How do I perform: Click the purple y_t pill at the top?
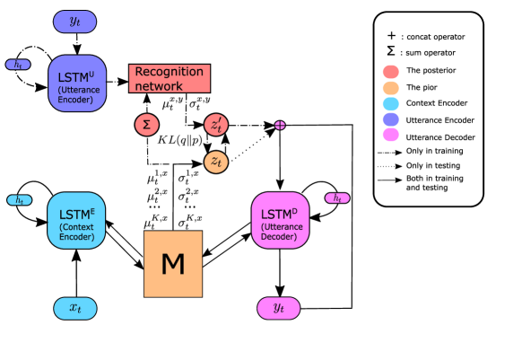pos(75,22)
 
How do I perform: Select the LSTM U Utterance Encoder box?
pos(77,83)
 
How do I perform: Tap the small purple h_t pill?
pos(18,65)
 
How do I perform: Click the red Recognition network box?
pos(170,78)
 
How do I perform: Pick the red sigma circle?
pos(146,125)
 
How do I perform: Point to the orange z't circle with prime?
pos(215,125)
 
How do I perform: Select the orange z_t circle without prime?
pos(215,162)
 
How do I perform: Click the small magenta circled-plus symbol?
pos(279,125)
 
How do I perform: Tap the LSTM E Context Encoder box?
pos(76,220)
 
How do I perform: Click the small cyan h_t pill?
pos(19,199)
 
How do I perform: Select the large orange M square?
pos(173,264)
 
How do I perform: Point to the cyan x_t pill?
pos(75,308)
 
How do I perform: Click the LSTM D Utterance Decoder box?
pos(280,220)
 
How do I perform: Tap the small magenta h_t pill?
pos(337,198)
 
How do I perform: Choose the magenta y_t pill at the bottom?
pos(279,308)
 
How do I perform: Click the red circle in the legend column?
pos(390,72)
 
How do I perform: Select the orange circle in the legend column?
pos(390,88)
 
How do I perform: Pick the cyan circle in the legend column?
pos(390,103)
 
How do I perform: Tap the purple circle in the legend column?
pos(390,119)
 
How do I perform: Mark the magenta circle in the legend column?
pos(390,135)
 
